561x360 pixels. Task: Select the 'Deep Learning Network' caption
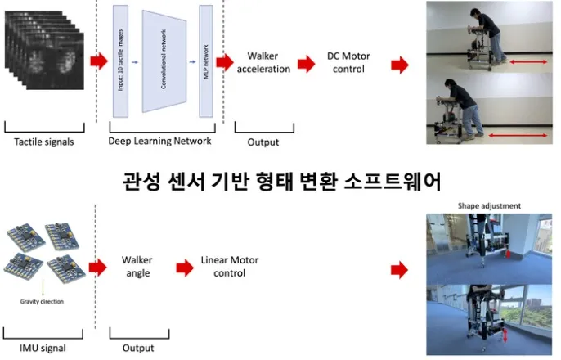tap(160, 141)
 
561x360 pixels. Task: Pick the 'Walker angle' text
tap(137, 266)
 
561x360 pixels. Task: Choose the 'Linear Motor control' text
tap(223, 266)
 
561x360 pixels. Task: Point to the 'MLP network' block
tap(204, 62)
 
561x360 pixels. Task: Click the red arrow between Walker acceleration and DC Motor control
tap(307, 63)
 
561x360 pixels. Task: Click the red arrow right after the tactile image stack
tap(99, 61)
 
